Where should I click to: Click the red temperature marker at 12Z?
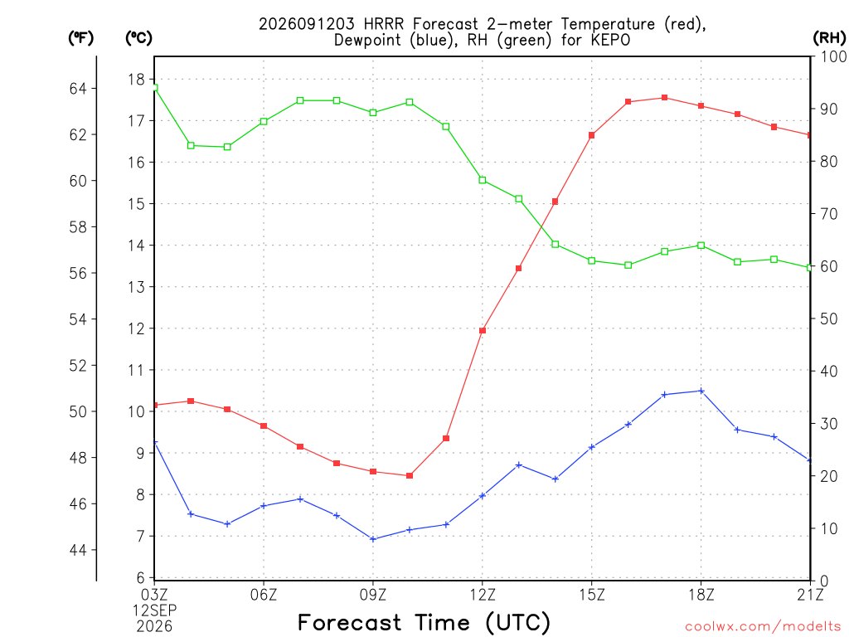pyautogui.click(x=483, y=330)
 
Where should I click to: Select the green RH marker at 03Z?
pyautogui.click(x=154, y=87)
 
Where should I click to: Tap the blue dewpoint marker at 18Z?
pyautogui.click(x=701, y=391)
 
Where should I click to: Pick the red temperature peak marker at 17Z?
pyautogui.click(x=664, y=98)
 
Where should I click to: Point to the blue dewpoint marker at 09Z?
pyautogui.click(x=373, y=539)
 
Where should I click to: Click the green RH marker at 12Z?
pyautogui.click(x=483, y=180)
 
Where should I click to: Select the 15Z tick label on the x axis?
pyautogui.click(x=592, y=595)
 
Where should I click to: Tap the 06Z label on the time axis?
pyautogui.click(x=264, y=595)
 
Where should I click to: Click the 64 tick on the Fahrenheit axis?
pyautogui.click(x=78, y=88)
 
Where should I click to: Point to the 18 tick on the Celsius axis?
pyautogui.click(x=137, y=80)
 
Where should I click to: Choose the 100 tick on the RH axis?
pyautogui.click(x=833, y=56)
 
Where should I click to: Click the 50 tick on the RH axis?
pyautogui.click(x=829, y=319)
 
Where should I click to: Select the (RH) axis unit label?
pyautogui.click(x=829, y=37)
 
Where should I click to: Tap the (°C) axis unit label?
pyautogui.click(x=138, y=37)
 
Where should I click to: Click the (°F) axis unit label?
pyautogui.click(x=80, y=37)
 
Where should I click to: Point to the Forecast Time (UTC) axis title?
pyautogui.click(x=424, y=622)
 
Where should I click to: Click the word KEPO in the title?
pyautogui.click(x=610, y=40)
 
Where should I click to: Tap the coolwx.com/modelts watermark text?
pyautogui.click(x=763, y=627)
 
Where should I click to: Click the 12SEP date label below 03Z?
pyautogui.click(x=155, y=610)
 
